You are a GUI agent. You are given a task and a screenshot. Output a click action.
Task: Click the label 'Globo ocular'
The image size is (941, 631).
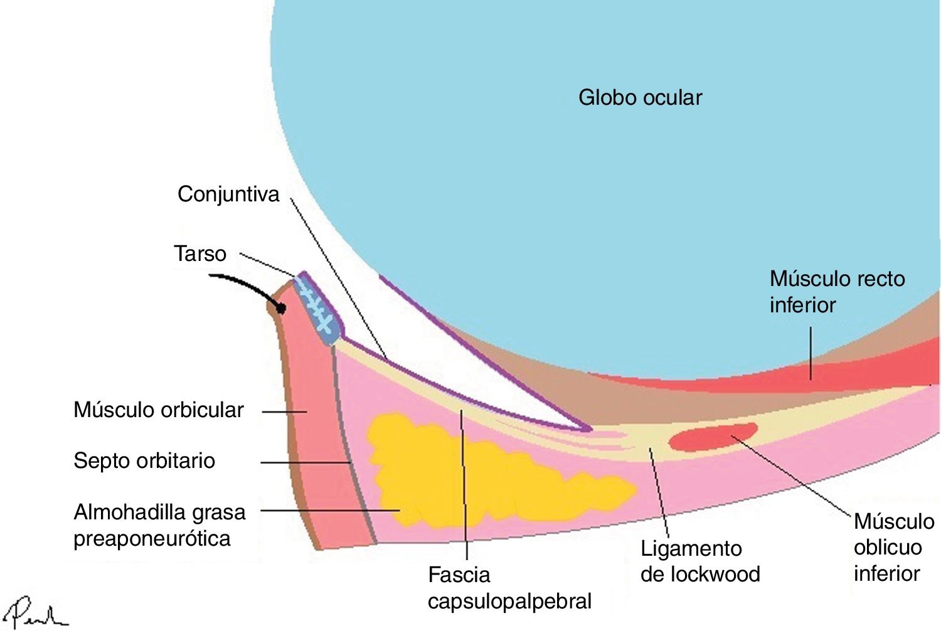(x=640, y=98)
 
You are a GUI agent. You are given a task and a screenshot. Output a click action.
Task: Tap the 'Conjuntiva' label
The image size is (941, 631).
(x=228, y=194)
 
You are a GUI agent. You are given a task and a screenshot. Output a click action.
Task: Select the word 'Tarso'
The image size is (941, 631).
(x=200, y=254)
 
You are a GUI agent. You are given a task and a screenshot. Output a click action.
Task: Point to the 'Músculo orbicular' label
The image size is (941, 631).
(x=159, y=410)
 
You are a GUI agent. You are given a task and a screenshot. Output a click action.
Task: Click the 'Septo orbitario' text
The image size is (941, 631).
(x=144, y=461)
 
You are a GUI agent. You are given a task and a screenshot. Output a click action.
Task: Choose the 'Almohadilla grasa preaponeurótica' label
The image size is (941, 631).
(x=159, y=525)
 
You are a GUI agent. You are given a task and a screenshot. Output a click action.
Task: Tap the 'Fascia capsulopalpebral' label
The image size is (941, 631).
(x=509, y=588)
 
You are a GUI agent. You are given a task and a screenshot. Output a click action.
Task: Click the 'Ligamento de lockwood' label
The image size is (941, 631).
(x=700, y=561)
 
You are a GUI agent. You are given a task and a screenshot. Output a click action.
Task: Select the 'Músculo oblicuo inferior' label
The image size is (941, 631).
(x=893, y=547)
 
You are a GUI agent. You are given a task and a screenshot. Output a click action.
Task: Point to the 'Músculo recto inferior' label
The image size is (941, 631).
(x=837, y=292)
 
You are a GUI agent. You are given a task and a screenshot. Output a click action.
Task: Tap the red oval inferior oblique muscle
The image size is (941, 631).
(x=712, y=437)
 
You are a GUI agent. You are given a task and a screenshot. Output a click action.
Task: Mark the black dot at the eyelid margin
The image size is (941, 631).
(x=280, y=308)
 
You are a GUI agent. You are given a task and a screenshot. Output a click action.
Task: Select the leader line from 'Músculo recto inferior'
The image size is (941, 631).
(x=810, y=353)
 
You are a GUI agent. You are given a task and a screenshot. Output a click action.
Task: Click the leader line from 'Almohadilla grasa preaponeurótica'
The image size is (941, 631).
(x=329, y=511)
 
